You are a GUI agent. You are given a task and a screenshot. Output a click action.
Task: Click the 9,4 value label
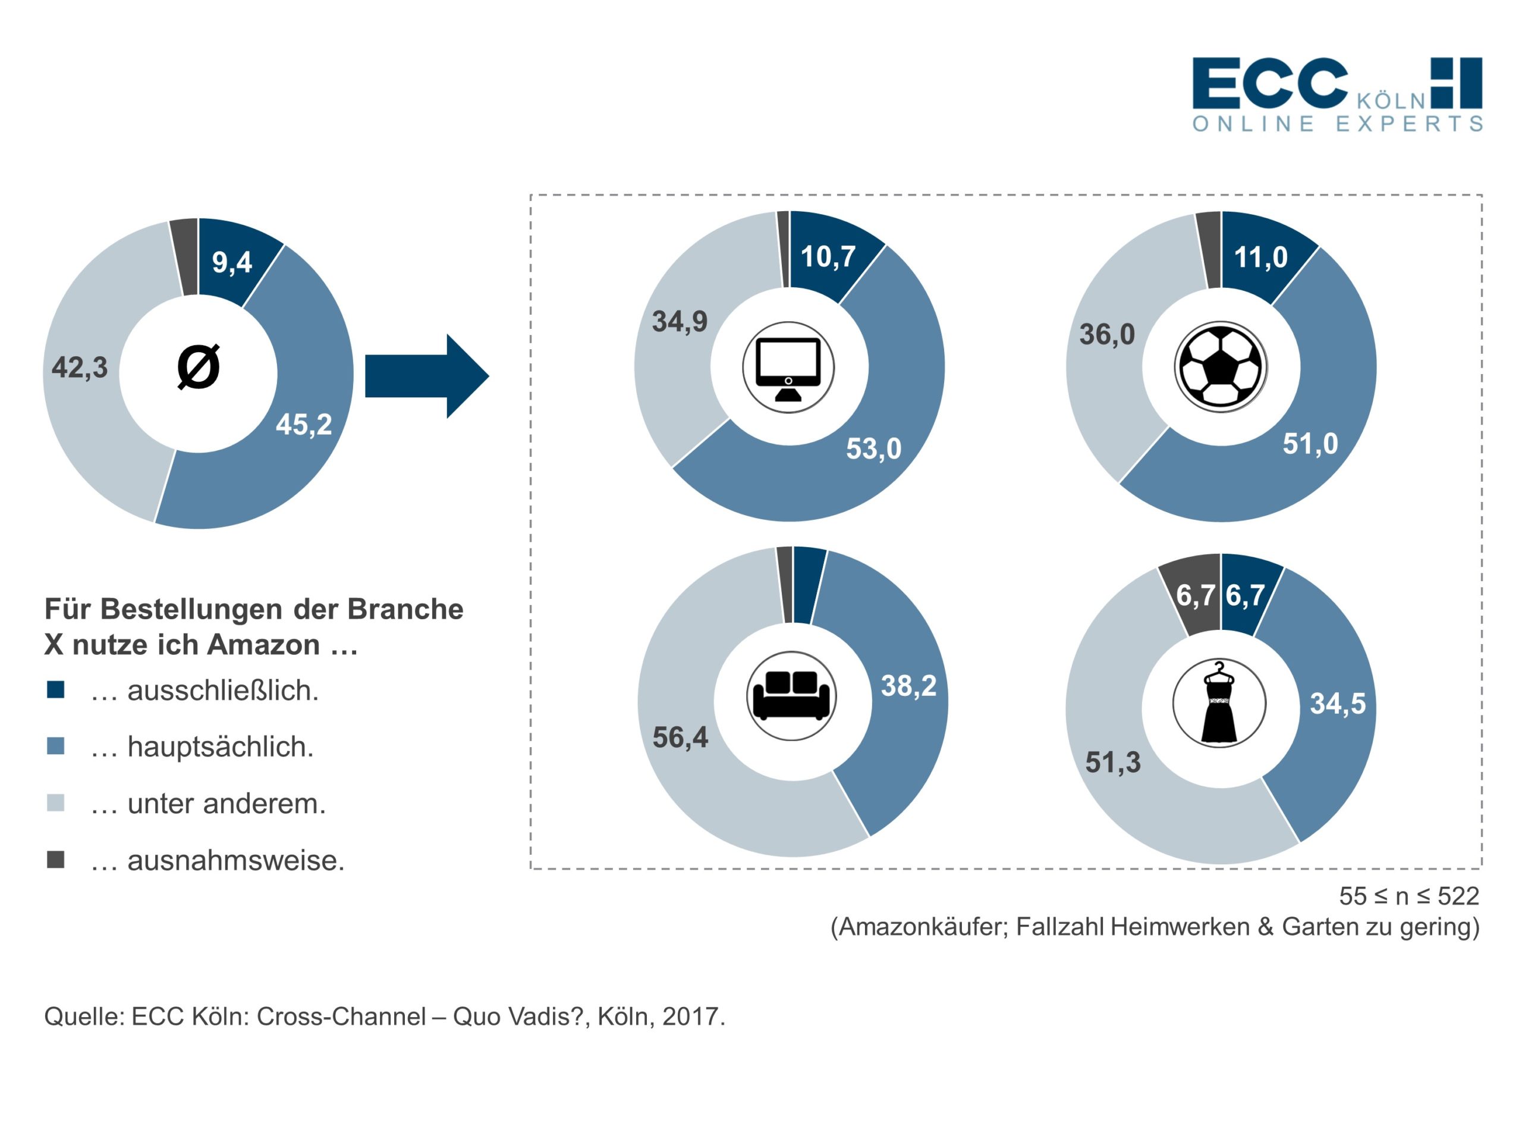click(x=232, y=262)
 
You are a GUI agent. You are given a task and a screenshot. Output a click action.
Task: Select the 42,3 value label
click(x=79, y=368)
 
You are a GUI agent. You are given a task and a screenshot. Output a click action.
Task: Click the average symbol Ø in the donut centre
click(x=199, y=367)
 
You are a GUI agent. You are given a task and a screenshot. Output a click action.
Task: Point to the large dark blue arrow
click(x=427, y=376)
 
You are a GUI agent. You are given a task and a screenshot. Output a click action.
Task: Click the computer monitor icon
click(x=788, y=368)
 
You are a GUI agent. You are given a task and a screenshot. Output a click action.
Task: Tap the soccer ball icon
click(x=1221, y=367)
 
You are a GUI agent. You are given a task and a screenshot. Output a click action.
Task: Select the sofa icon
click(x=791, y=696)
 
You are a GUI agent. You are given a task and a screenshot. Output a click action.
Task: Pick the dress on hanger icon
click(x=1219, y=703)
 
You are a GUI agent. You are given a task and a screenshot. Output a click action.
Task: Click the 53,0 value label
click(x=874, y=449)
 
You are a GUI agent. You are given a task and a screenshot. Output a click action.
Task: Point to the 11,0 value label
click(x=1260, y=258)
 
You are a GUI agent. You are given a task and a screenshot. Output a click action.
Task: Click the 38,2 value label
click(x=909, y=686)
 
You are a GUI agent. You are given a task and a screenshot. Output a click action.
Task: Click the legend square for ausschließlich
click(x=56, y=690)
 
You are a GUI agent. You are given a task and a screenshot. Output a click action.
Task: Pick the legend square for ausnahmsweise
click(x=56, y=859)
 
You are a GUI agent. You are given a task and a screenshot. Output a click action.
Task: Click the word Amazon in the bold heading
click(x=263, y=645)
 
